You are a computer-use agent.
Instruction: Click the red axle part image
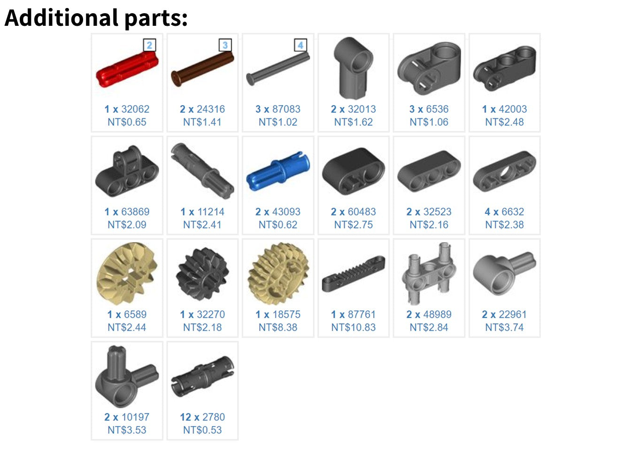(x=127, y=69)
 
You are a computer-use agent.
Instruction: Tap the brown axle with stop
(x=202, y=69)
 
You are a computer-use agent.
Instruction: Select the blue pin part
(x=278, y=171)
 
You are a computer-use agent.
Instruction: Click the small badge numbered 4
(x=300, y=45)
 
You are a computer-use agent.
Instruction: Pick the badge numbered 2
(x=149, y=45)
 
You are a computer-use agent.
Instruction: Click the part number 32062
(x=135, y=109)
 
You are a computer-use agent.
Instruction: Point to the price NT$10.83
(x=354, y=328)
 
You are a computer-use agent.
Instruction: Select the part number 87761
(x=362, y=314)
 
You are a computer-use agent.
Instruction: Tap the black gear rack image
(x=354, y=274)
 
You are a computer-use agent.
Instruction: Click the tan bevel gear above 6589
(x=127, y=274)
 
